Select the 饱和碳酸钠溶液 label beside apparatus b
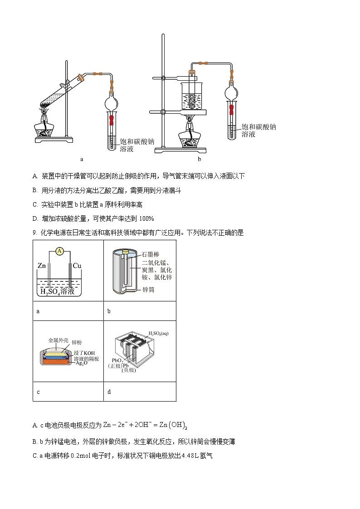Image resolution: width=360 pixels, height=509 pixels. [258, 131]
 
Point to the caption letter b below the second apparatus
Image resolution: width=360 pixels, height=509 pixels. [199, 159]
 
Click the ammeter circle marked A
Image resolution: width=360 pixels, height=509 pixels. [59, 251]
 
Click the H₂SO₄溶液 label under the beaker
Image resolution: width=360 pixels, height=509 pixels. [57, 291]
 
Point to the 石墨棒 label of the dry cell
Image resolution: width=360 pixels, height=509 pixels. [150, 255]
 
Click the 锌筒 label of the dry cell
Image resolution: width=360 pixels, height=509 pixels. [148, 289]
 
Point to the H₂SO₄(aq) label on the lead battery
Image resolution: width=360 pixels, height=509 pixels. [158, 334]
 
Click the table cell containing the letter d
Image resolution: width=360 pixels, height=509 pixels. [140, 392]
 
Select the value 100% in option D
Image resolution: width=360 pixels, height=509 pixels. [146, 218]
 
